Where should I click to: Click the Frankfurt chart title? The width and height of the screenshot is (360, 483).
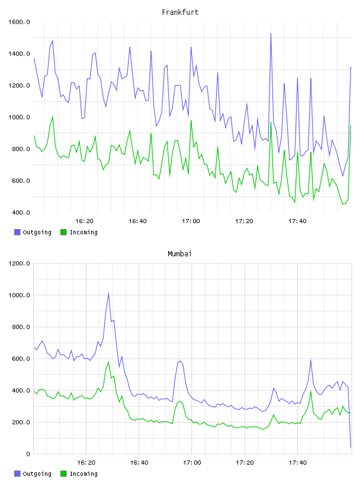coord(180,12)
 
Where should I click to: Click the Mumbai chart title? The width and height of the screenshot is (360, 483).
coord(179,254)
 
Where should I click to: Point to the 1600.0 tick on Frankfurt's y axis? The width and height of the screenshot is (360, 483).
coord(19,22)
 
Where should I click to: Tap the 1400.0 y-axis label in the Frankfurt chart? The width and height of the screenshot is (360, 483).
coord(19,54)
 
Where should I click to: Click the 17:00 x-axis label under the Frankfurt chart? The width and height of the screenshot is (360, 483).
coord(191,221)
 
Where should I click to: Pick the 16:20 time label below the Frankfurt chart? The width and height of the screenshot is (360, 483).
coord(84,221)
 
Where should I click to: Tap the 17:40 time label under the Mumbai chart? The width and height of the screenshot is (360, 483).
coord(298,463)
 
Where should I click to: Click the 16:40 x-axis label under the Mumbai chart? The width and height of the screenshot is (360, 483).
coord(139,463)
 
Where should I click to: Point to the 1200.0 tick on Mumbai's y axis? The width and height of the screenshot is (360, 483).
coord(19,263)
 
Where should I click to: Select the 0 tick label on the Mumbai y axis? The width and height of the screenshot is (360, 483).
coord(28,454)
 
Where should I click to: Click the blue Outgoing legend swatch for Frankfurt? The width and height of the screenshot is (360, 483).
coord(17,232)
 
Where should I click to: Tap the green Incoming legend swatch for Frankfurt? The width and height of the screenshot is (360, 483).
coord(63,232)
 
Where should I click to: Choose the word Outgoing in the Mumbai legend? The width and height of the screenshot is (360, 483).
coord(37,474)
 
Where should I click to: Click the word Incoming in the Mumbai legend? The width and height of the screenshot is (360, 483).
coord(83,474)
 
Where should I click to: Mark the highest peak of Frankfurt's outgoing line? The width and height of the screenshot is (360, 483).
coord(271,33)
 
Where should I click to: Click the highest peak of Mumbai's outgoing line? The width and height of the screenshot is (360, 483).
coord(108,293)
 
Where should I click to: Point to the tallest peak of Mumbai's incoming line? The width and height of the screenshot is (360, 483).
coord(108,362)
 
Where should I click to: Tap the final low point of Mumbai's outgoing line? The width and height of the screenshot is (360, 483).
coord(351,447)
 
